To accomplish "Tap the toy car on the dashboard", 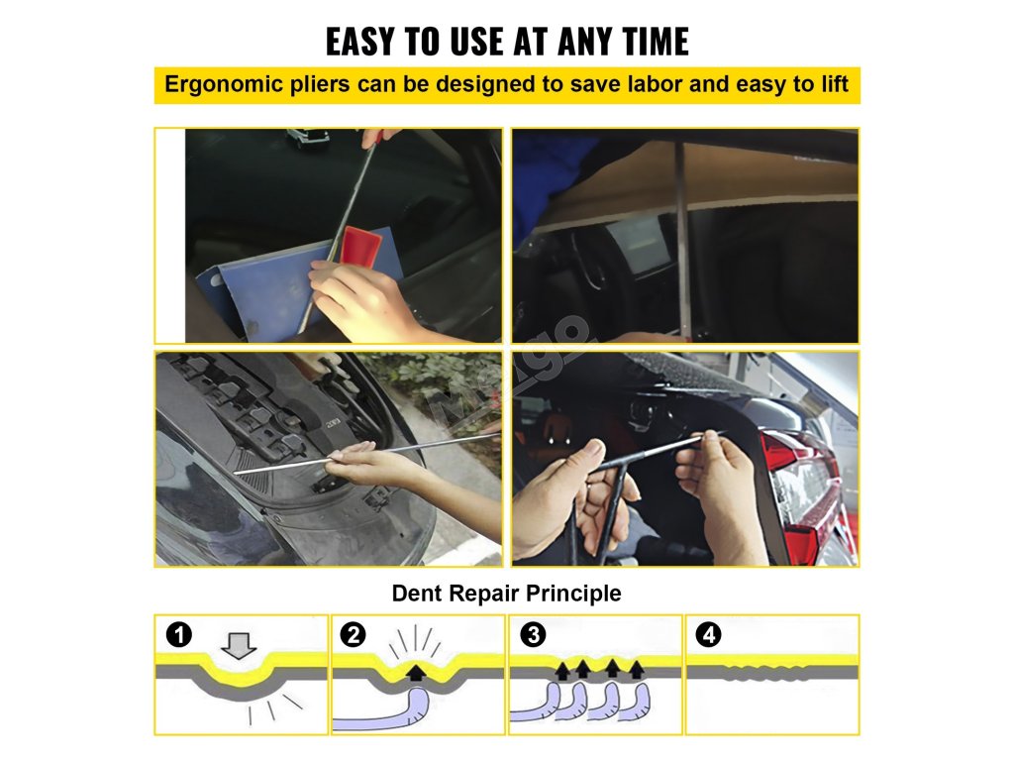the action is tap(307, 138).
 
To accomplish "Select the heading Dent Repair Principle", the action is tap(506, 593).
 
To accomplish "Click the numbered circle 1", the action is tap(179, 634).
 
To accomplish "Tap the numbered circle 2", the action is tap(354, 634).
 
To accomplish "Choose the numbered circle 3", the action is tap(534, 634).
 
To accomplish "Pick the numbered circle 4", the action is tap(708, 634).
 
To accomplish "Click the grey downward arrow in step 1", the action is tap(239, 645).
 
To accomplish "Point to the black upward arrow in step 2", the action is tap(416, 673).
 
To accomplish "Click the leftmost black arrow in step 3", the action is tap(562, 671).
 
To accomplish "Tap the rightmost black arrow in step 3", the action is tap(637, 669).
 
